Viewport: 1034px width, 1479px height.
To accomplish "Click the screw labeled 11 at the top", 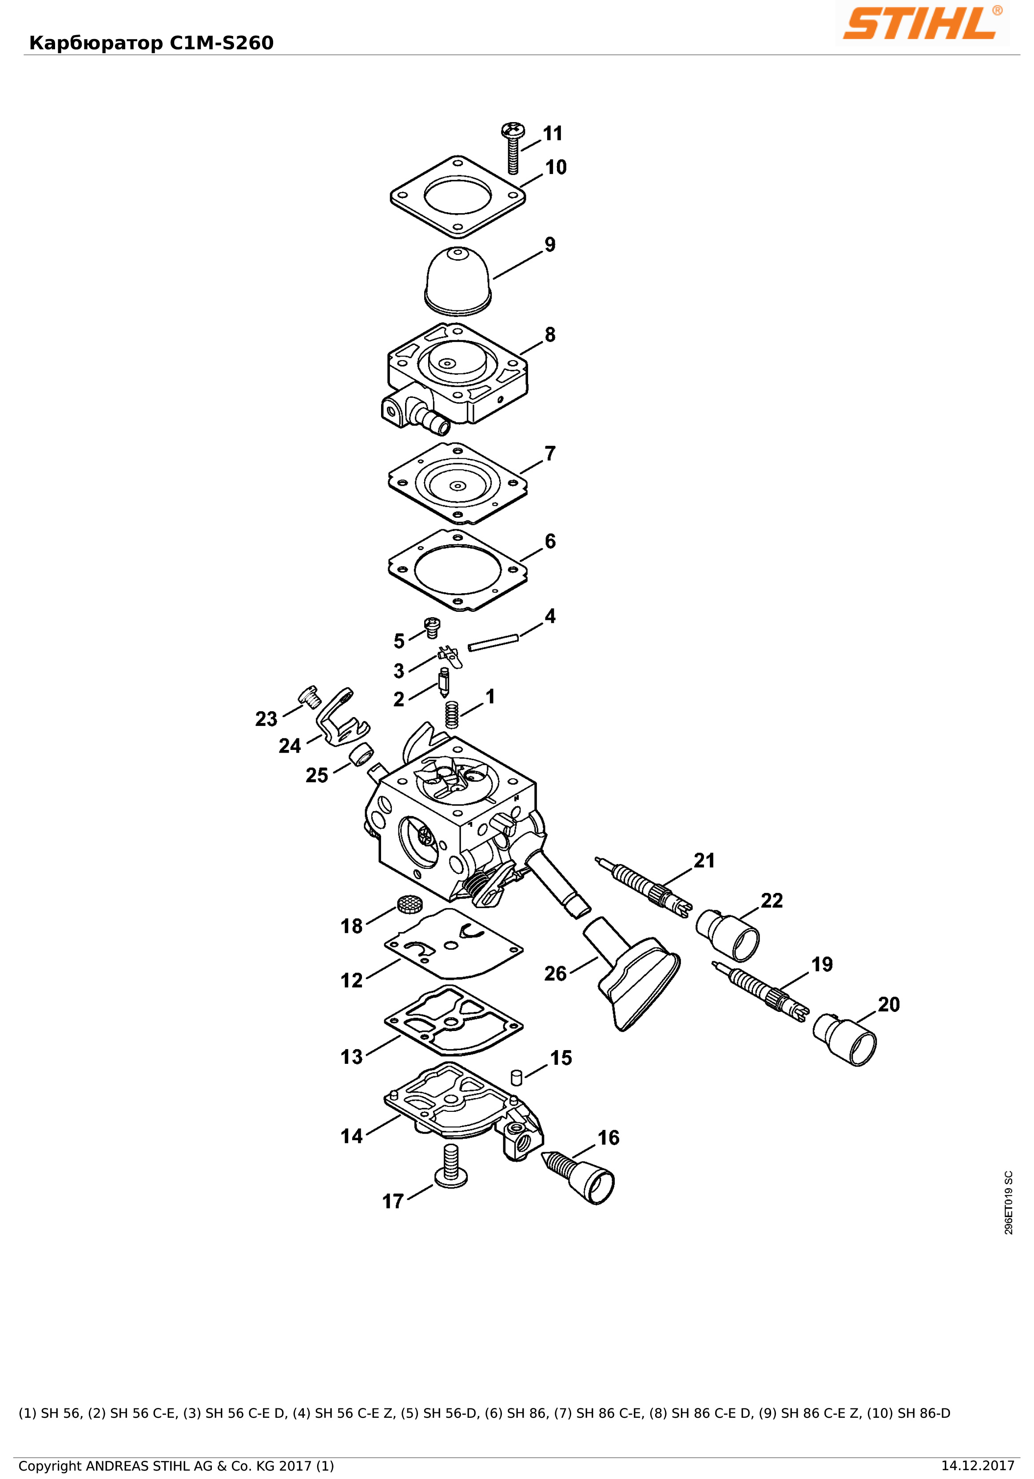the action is [513, 147].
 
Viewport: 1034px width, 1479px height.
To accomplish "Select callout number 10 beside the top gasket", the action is [556, 167].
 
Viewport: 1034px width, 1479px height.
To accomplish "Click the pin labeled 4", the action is [493, 643].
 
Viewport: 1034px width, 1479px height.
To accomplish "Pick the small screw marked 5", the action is [432, 627].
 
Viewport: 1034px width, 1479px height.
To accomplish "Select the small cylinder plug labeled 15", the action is [516, 1077].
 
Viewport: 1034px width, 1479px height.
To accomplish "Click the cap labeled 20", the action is [845, 1040].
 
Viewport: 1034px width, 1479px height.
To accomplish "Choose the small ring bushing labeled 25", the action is [362, 753].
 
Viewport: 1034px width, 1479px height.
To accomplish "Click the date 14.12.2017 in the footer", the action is [978, 1466].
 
